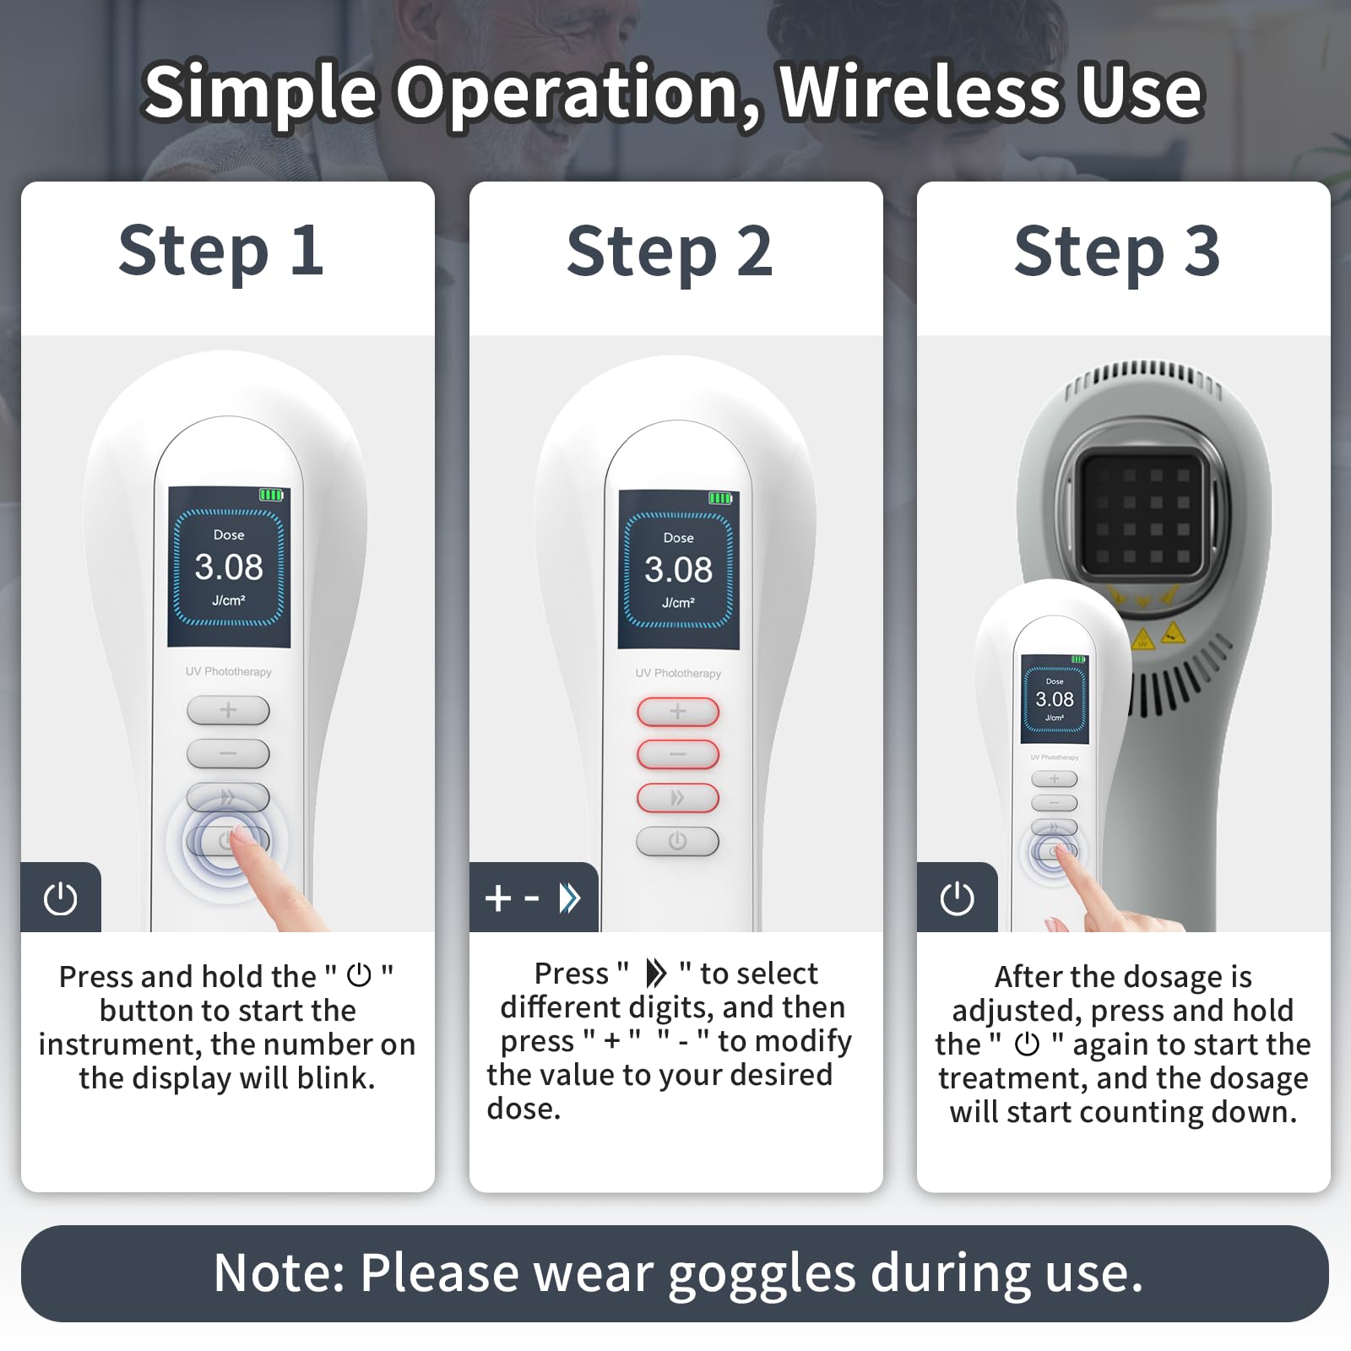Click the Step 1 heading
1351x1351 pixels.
221,251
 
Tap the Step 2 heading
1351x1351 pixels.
670,251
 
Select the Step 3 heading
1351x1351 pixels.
1117,251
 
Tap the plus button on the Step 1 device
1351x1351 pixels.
228,710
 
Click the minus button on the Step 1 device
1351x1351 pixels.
228,753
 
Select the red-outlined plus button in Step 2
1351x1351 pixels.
678,712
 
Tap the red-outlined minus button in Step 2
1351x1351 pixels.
678,754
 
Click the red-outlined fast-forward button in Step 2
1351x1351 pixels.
678,798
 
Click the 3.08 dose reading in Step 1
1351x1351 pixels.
229,567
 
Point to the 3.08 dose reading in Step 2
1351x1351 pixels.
679,570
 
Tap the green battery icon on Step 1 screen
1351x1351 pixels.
270,495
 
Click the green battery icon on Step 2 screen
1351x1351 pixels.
720,498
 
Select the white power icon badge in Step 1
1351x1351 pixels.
61,898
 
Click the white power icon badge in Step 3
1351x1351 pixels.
958,898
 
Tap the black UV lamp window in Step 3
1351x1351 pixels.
1142,512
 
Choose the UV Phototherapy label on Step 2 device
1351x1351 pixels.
679,673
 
